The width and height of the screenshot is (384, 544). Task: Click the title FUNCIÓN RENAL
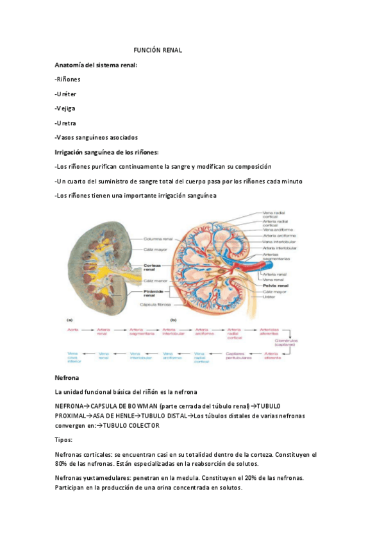[158, 50]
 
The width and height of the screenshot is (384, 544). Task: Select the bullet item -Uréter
[66, 94]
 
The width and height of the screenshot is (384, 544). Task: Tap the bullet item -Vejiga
[65, 108]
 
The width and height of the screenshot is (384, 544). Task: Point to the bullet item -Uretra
[66, 123]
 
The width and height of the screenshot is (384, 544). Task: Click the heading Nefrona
[67, 378]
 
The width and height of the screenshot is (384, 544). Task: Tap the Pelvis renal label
[276, 285]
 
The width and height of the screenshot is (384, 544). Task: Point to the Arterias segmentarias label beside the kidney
[276, 256]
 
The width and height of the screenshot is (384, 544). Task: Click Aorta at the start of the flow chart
[73, 329]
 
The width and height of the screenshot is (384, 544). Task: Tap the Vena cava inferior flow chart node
[74, 355]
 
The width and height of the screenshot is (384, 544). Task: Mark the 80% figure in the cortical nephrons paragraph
[62, 463]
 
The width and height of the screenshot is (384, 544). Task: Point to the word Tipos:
[64, 440]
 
